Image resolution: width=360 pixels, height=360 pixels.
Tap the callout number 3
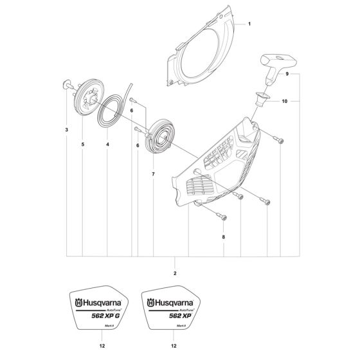click(67, 130)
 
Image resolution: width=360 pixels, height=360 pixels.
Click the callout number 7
click(152, 174)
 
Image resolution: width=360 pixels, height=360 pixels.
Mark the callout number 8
click(224, 238)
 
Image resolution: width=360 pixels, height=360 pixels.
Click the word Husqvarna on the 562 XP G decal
click(103, 301)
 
